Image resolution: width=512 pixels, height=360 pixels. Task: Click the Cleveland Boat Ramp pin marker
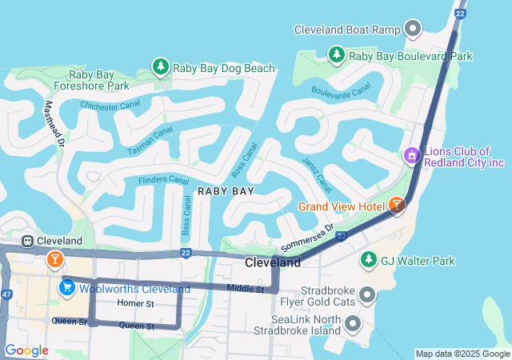click(x=414, y=30)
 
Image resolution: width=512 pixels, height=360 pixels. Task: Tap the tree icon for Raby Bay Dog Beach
click(x=161, y=67)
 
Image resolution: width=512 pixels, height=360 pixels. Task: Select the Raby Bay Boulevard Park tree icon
click(x=337, y=55)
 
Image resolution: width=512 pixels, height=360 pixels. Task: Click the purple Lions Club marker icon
click(x=412, y=154)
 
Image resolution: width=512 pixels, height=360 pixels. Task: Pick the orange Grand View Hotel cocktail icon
click(x=397, y=206)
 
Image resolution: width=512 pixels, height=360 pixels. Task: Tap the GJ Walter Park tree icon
click(x=368, y=260)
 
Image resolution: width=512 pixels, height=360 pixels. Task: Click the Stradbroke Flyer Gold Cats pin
click(x=367, y=296)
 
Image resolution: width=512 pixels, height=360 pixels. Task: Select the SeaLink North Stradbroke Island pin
click(x=352, y=323)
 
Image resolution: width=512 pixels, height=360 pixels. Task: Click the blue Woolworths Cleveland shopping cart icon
click(x=67, y=286)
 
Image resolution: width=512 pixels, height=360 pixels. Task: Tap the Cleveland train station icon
click(x=27, y=240)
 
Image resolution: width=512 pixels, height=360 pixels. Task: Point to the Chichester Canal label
click(x=110, y=104)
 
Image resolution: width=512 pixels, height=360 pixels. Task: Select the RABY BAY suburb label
click(x=226, y=191)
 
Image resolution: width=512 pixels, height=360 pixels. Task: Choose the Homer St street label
click(x=134, y=304)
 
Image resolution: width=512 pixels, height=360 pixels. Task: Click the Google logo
click(x=26, y=350)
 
